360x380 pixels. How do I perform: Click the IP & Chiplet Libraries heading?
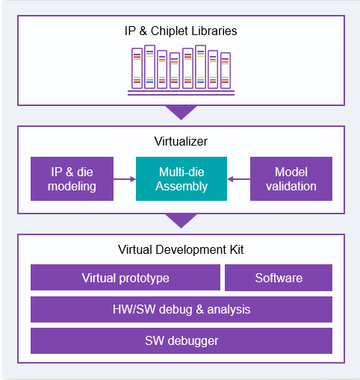pos(181,31)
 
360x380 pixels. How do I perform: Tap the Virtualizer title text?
pos(181,141)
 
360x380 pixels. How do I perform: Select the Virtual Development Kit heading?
pos(181,249)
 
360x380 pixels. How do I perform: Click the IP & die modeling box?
pos(72,178)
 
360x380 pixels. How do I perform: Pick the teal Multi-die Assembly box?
pos(181,178)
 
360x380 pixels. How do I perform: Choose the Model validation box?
pos(291,178)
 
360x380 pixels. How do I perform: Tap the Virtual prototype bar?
pos(125,278)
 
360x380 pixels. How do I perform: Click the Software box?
pos(279,278)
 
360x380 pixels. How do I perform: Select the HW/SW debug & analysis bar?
pos(181,309)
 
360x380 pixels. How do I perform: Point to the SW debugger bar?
pos(181,340)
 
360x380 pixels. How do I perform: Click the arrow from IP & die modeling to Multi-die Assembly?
pos(125,179)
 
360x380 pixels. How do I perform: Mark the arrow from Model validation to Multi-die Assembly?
pos(239,179)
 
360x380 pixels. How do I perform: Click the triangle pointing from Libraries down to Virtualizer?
pos(181,111)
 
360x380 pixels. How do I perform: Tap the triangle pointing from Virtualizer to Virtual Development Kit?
pos(181,219)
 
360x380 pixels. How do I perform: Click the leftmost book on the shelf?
pos(137,68)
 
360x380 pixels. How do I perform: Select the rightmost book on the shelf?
pos(226,70)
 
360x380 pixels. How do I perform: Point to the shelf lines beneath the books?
pos(181,93)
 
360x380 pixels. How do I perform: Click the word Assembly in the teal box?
pos(181,187)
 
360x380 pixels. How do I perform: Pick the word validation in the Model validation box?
pos(291,186)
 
